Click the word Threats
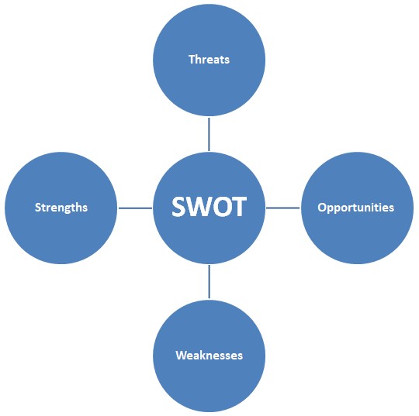[209, 59]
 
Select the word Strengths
[61, 208]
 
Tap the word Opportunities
[355, 208]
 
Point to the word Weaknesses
[209, 356]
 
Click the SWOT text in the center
[209, 207]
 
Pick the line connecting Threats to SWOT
[209, 134]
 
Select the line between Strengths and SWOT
[135, 208]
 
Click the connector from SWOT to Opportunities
[283, 208]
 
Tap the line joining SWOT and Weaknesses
[209, 281]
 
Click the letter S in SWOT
[179, 207]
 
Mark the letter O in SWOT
[220, 207]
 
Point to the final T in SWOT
[238, 207]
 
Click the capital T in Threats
[192, 59]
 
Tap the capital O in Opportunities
[322, 208]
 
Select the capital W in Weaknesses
[182, 356]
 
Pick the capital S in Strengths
[38, 208]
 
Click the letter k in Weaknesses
[204, 355]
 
